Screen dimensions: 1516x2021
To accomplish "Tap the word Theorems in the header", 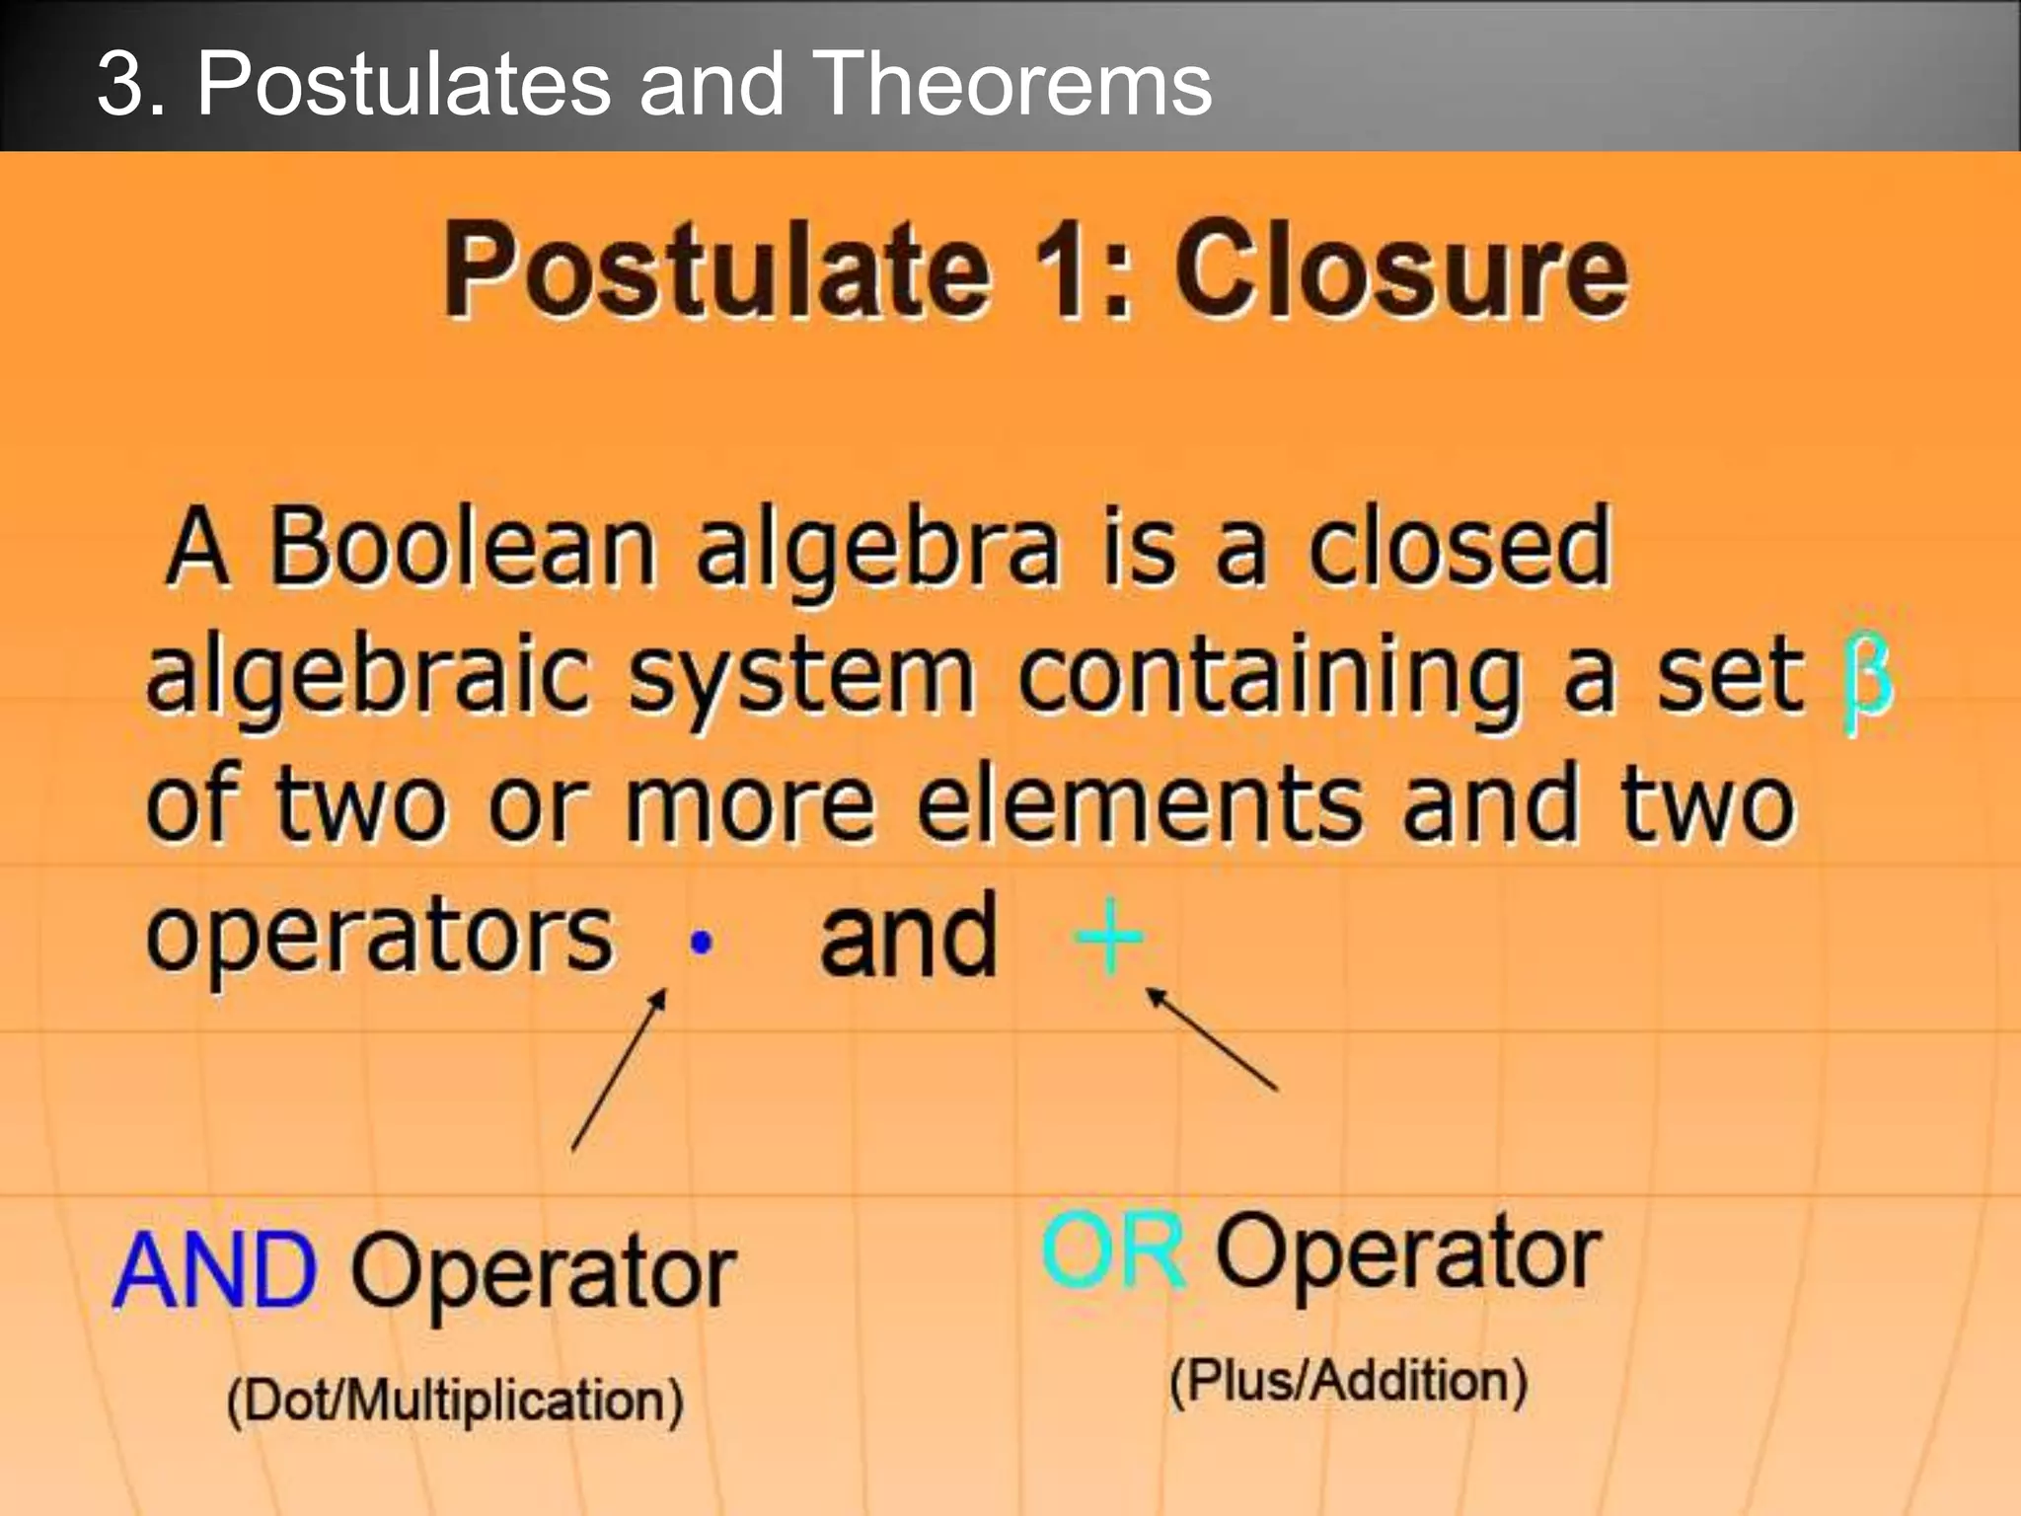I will point(1011,85).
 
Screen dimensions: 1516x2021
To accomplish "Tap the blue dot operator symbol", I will point(701,944).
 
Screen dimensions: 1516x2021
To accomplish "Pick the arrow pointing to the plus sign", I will point(1212,1040).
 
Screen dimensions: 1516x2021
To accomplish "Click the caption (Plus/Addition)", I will point(1348,1381).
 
